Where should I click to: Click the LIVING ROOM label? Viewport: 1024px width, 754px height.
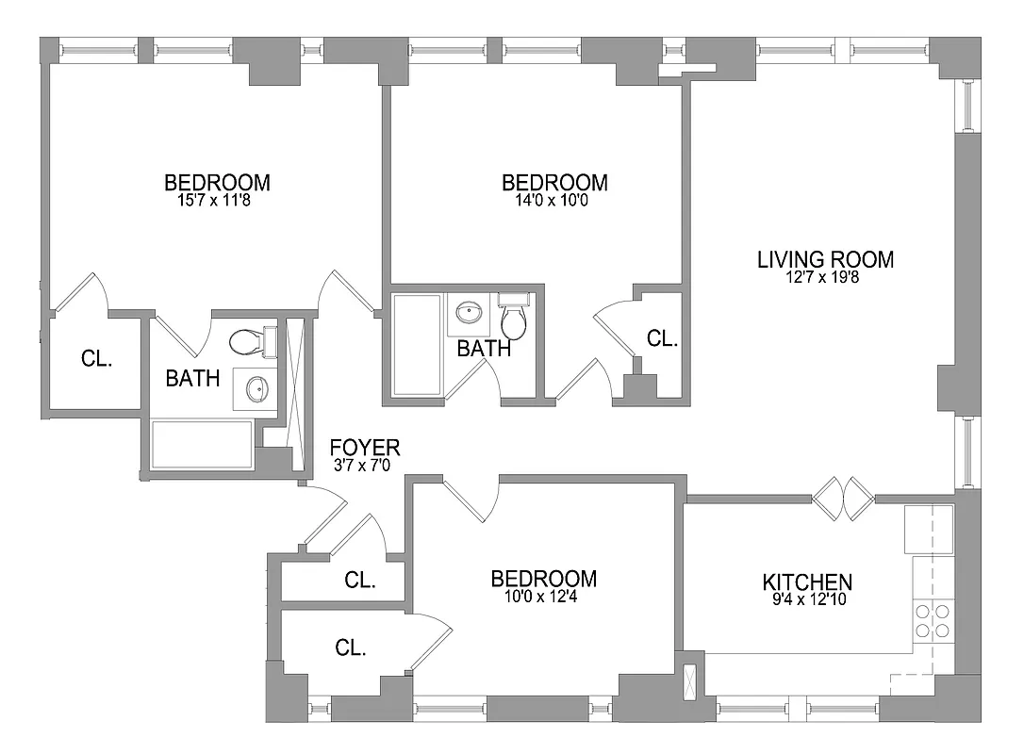825,259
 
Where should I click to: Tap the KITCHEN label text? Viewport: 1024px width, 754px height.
807,582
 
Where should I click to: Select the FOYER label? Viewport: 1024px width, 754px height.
364,447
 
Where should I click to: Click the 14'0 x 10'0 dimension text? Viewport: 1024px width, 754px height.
554,200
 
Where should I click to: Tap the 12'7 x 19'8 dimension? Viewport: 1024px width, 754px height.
825,277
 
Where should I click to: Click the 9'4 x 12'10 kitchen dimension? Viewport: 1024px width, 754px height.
807,599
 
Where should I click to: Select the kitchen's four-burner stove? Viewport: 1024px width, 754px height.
931,620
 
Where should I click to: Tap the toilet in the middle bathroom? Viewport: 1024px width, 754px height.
514,319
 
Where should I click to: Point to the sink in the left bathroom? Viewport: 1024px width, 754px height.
255,387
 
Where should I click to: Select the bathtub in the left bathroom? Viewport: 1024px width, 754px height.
201,444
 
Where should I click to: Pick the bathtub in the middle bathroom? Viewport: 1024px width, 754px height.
416,345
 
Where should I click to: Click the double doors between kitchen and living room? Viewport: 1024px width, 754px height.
844,498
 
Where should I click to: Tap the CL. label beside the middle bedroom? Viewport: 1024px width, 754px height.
662,339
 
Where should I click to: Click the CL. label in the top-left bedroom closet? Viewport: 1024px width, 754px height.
96,358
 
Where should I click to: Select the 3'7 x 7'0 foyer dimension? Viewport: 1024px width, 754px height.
364,465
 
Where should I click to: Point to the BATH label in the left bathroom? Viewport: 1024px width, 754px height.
192,379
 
